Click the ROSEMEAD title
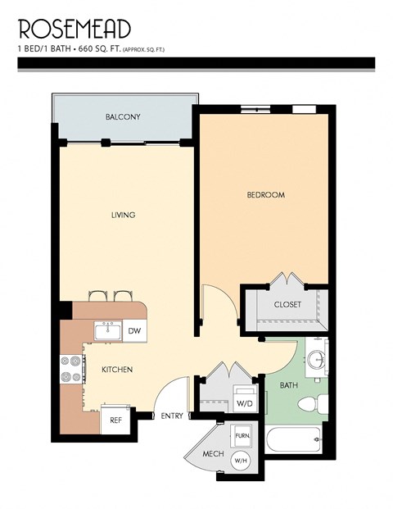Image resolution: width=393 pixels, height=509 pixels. [75, 29]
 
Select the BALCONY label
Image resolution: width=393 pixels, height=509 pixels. [123, 117]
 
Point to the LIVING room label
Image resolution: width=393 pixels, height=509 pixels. [123, 216]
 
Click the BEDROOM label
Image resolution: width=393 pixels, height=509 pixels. [266, 195]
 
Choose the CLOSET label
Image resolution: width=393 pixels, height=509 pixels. [287, 304]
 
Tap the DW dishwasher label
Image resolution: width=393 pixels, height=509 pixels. [134, 331]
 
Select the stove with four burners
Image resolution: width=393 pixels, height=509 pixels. [72, 370]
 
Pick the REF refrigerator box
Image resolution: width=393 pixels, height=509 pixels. [115, 420]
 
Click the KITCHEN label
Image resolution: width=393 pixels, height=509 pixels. [117, 370]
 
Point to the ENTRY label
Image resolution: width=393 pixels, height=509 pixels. [171, 416]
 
